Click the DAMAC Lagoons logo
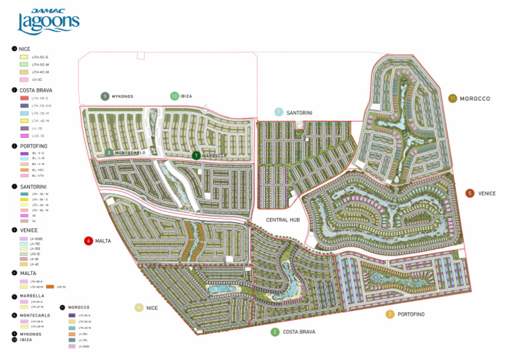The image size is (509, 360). (48, 22)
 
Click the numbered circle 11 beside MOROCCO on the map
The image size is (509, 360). (453, 98)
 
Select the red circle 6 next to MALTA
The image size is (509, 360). (88, 241)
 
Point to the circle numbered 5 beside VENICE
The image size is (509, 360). (470, 194)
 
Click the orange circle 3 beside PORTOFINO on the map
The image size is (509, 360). (390, 314)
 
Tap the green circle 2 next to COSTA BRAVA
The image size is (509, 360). (275, 331)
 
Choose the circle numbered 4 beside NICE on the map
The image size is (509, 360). (139, 308)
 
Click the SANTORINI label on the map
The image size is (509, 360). (300, 113)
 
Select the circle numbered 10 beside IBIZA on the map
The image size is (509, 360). (174, 96)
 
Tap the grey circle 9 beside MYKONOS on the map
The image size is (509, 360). (105, 96)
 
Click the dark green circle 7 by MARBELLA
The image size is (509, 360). (196, 156)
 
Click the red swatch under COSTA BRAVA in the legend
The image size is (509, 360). (24, 98)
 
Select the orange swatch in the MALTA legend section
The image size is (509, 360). (50, 286)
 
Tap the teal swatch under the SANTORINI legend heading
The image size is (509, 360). (24, 194)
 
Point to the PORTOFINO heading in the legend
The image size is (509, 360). (34, 145)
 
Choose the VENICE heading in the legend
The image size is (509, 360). (29, 229)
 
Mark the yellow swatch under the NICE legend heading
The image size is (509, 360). (24, 57)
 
